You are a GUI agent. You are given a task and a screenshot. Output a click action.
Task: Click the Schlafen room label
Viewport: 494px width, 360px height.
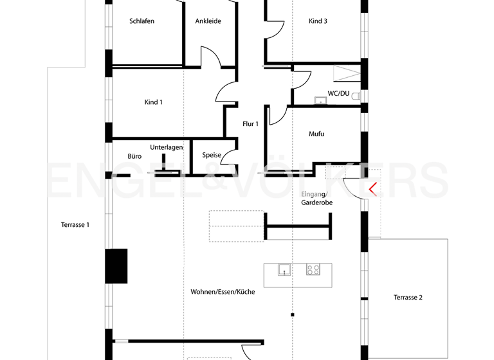(142, 21)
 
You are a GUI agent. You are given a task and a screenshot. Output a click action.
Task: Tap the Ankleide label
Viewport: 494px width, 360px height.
(208, 21)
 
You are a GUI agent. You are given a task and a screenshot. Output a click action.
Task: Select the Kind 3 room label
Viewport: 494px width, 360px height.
(318, 21)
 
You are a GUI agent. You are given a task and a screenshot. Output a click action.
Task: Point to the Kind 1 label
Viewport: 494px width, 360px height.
(153, 102)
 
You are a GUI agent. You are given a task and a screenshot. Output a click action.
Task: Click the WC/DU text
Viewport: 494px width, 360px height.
(338, 94)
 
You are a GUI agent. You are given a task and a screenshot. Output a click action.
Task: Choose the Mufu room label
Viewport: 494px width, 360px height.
(316, 134)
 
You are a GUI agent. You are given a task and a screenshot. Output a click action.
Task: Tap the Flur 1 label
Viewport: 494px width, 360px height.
(250, 124)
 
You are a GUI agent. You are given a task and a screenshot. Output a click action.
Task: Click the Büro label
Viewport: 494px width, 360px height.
(134, 156)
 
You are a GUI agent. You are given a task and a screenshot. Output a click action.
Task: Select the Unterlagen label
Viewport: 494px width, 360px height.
(167, 147)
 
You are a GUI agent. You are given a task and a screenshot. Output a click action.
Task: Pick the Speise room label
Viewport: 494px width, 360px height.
(212, 156)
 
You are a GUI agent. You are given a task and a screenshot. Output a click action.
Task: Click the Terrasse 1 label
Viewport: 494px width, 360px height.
(75, 225)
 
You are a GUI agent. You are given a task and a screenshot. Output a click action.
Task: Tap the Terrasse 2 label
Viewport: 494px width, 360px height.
(408, 298)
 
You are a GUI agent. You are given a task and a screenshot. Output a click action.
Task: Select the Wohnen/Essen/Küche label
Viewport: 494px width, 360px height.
(223, 292)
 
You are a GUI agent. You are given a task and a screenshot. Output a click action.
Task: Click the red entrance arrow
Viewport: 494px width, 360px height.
(372, 188)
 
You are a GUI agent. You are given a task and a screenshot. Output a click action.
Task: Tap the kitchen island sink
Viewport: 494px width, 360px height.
(284, 269)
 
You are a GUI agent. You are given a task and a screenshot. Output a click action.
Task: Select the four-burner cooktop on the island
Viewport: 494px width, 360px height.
(313, 269)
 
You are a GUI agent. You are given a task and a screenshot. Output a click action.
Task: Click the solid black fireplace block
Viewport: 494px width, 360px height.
(116, 266)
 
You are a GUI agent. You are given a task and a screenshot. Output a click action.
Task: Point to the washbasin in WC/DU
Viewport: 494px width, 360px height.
(319, 100)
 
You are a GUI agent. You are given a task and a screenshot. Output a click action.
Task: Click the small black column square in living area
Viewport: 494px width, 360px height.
(292, 314)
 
